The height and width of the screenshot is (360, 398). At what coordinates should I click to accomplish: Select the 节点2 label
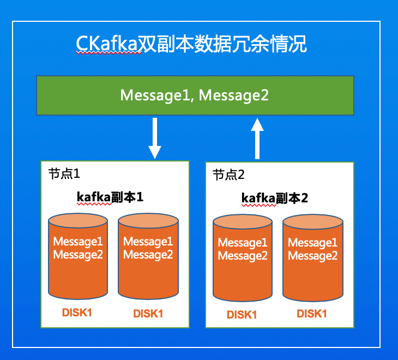pyautogui.click(x=228, y=175)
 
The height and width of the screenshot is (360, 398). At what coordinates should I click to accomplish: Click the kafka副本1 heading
pyautogui.click(x=110, y=196)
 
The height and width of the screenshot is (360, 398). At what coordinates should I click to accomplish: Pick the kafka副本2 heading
pyautogui.click(x=275, y=198)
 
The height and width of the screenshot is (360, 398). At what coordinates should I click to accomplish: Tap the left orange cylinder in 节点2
pyautogui.click(x=243, y=257)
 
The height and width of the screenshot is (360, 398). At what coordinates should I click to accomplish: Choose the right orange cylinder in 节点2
pyautogui.click(x=313, y=257)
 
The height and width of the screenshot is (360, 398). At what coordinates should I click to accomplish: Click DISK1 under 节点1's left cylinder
pyautogui.click(x=77, y=313)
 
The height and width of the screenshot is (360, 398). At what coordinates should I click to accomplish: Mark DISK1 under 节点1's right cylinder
pyautogui.click(x=148, y=314)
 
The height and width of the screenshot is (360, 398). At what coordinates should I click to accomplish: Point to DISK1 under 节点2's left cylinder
pyautogui.click(x=242, y=315)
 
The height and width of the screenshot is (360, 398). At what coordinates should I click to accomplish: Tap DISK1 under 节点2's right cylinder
pyautogui.click(x=312, y=314)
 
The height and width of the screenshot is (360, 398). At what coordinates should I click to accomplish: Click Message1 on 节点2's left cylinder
pyautogui.click(x=243, y=243)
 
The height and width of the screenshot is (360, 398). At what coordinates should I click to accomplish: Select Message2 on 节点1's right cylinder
pyautogui.click(x=148, y=254)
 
